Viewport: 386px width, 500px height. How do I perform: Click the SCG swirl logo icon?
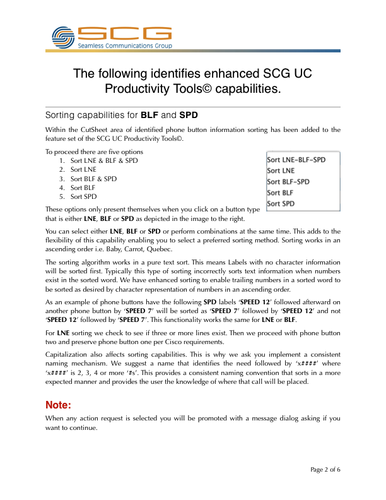64,37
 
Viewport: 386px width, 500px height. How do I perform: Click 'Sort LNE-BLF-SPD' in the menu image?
296,160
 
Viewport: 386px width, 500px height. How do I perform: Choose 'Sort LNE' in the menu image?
281,170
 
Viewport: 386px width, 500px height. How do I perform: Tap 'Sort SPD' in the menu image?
281,204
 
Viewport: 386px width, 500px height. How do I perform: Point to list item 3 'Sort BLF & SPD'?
93,179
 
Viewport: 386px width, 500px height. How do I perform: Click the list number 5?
62,196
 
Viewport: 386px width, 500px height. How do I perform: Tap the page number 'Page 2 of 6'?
325,470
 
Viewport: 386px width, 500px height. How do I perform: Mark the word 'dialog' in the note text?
269,419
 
